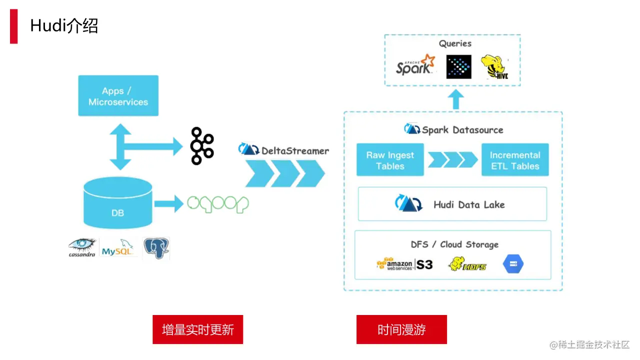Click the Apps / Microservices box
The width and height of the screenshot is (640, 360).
pyautogui.click(x=118, y=95)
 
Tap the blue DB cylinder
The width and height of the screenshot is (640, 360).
pyautogui.click(x=117, y=203)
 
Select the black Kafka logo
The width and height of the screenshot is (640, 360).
pyautogui.click(x=202, y=146)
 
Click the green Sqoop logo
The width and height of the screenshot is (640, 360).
pyautogui.click(x=217, y=204)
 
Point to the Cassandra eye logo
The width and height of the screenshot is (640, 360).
pyautogui.click(x=82, y=247)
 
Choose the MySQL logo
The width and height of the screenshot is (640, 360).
pyautogui.click(x=117, y=248)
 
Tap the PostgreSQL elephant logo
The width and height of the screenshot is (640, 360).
pyautogui.click(x=156, y=248)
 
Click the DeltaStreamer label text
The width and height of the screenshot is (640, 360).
pyautogui.click(x=295, y=151)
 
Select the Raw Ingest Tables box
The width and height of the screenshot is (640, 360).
pyautogui.click(x=390, y=159)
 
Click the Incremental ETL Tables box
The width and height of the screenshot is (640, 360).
pyautogui.click(x=515, y=159)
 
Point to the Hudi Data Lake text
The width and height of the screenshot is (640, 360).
pyautogui.click(x=469, y=205)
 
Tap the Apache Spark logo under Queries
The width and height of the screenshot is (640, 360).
pyautogui.click(x=415, y=65)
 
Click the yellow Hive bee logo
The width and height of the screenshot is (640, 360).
pyautogui.click(x=494, y=67)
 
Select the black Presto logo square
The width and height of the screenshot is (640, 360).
pyautogui.click(x=459, y=67)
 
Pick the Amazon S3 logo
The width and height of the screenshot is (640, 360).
pyautogui.click(x=404, y=264)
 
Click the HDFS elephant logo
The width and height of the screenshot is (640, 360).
pyautogui.click(x=467, y=264)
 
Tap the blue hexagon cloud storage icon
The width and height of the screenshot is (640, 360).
pyautogui.click(x=513, y=263)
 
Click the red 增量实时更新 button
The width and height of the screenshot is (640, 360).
pyautogui.click(x=197, y=329)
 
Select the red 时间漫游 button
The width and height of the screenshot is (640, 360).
pyautogui.click(x=401, y=329)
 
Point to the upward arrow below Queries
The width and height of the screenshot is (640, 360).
pyautogui.click(x=456, y=99)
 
